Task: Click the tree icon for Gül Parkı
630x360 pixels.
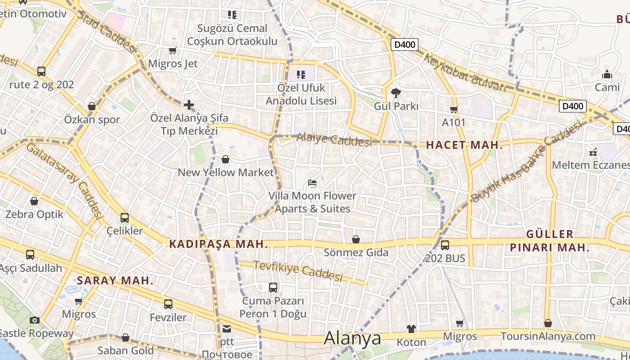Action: [396, 93]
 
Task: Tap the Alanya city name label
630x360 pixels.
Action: [352, 338]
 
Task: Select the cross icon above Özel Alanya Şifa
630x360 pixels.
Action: [189, 105]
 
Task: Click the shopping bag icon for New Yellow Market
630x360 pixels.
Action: [225, 159]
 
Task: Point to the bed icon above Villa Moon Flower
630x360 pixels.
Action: [312, 183]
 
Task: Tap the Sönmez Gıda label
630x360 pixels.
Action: [356, 252]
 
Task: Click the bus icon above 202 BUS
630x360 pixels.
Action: [445, 245]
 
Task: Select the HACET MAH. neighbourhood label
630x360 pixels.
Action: [464, 145]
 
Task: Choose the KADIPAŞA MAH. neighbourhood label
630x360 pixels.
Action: [219, 244]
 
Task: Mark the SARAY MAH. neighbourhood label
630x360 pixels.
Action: [115, 281]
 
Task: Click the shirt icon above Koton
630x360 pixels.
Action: [411, 329]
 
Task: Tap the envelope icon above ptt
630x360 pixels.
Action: [226, 329]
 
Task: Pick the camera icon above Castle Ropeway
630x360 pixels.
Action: [35, 320]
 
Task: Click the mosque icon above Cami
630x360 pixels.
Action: [607, 74]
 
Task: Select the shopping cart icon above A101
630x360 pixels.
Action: [454, 109]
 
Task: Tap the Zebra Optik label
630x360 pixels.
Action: [35, 214]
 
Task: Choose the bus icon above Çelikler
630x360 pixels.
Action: [125, 218]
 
